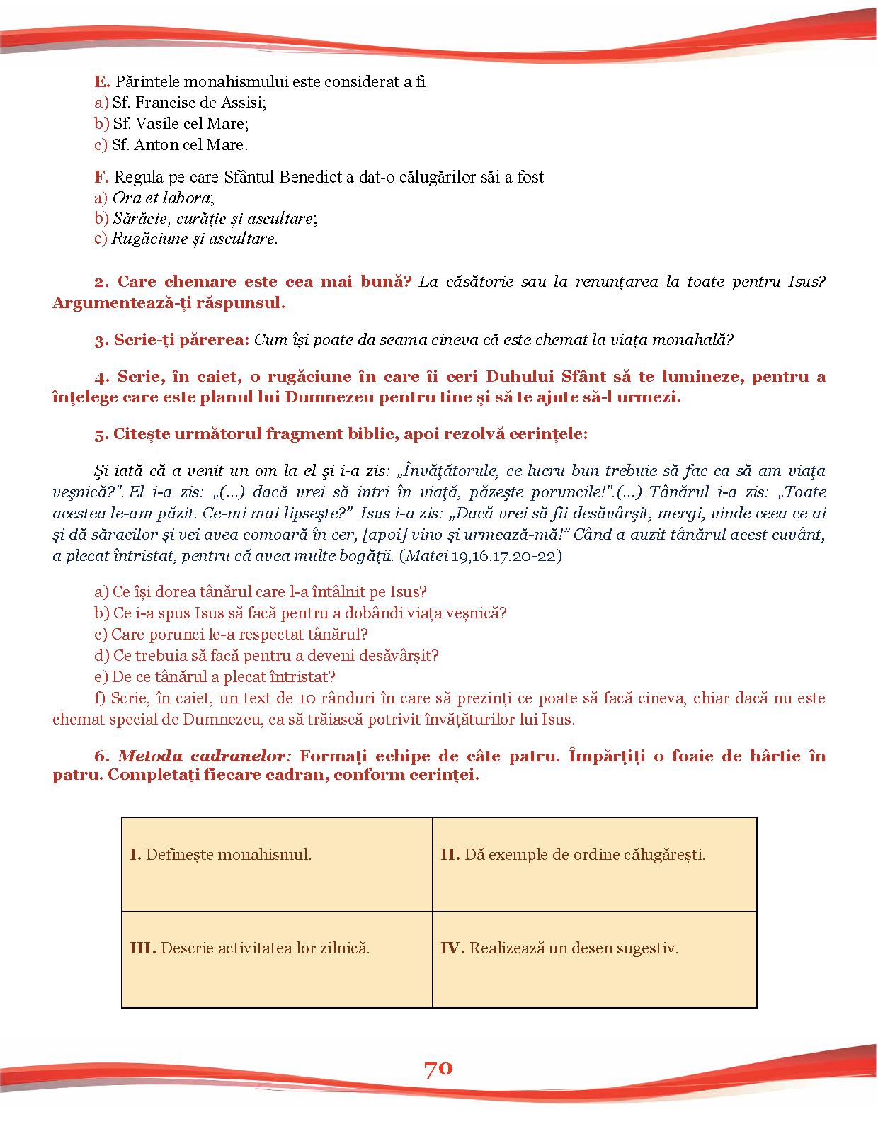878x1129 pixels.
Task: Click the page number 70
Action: point(438,1068)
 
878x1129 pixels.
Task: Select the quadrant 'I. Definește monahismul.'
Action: point(277,864)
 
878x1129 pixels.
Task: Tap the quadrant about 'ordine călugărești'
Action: point(594,864)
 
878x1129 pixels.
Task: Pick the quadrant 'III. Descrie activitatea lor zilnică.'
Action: point(277,959)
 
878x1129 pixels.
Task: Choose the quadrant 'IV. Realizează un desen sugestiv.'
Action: point(594,959)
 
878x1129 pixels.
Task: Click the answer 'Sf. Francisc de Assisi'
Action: point(188,103)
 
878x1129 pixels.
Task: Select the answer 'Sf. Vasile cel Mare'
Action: point(180,124)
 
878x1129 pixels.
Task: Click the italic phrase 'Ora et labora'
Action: point(162,198)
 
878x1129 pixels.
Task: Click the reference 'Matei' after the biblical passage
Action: point(426,555)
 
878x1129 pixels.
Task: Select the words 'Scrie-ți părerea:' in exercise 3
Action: point(181,340)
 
